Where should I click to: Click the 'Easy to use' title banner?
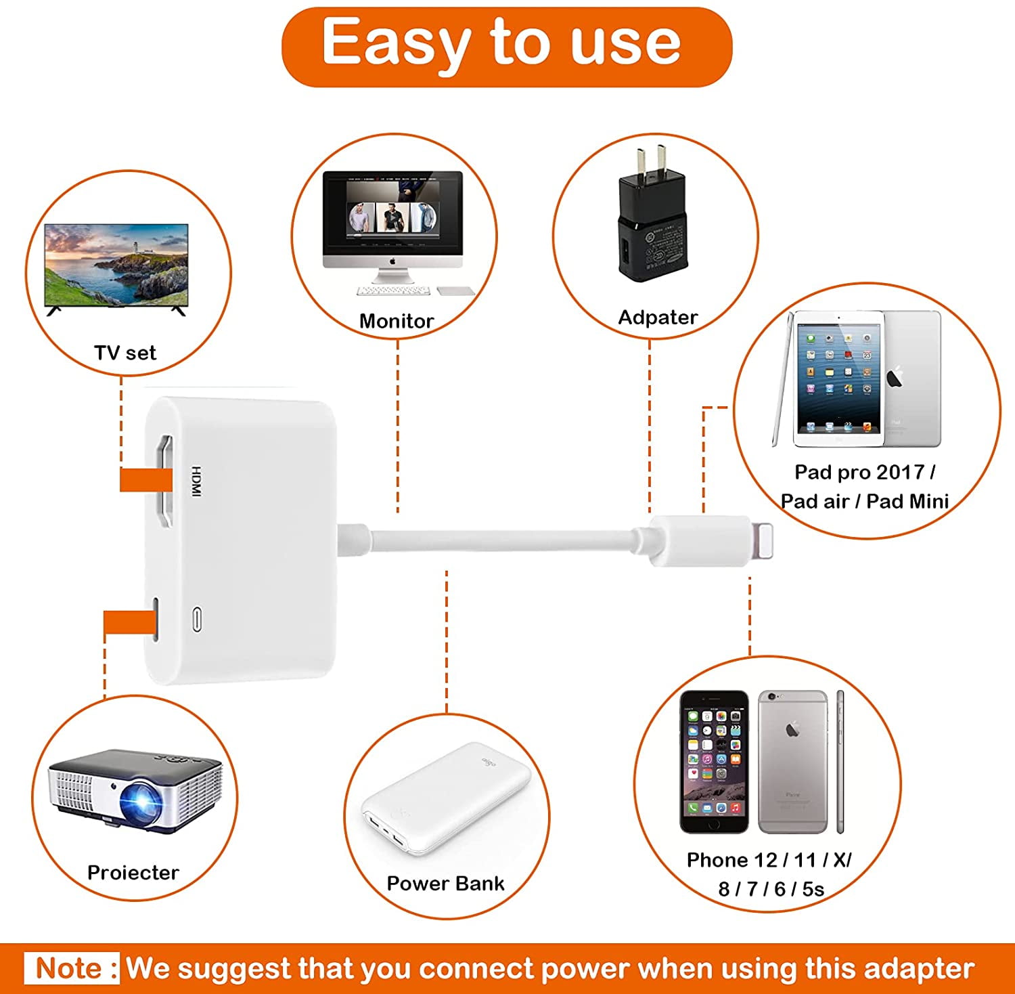(507, 47)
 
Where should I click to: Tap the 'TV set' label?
(125, 353)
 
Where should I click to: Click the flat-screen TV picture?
(116, 269)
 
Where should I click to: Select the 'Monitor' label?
(397, 321)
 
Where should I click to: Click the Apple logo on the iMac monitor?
(392, 260)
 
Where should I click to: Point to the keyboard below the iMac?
(393, 291)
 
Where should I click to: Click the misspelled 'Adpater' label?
(658, 318)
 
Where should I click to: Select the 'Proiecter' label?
(133, 873)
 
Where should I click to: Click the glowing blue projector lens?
(143, 802)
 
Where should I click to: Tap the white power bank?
(445, 799)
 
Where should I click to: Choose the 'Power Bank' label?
(445, 884)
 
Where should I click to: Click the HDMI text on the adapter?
(196, 481)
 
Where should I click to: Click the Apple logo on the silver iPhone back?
(792, 729)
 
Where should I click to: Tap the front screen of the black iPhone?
(714, 761)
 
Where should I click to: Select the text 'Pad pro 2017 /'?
(865, 472)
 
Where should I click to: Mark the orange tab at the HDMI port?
(146, 480)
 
